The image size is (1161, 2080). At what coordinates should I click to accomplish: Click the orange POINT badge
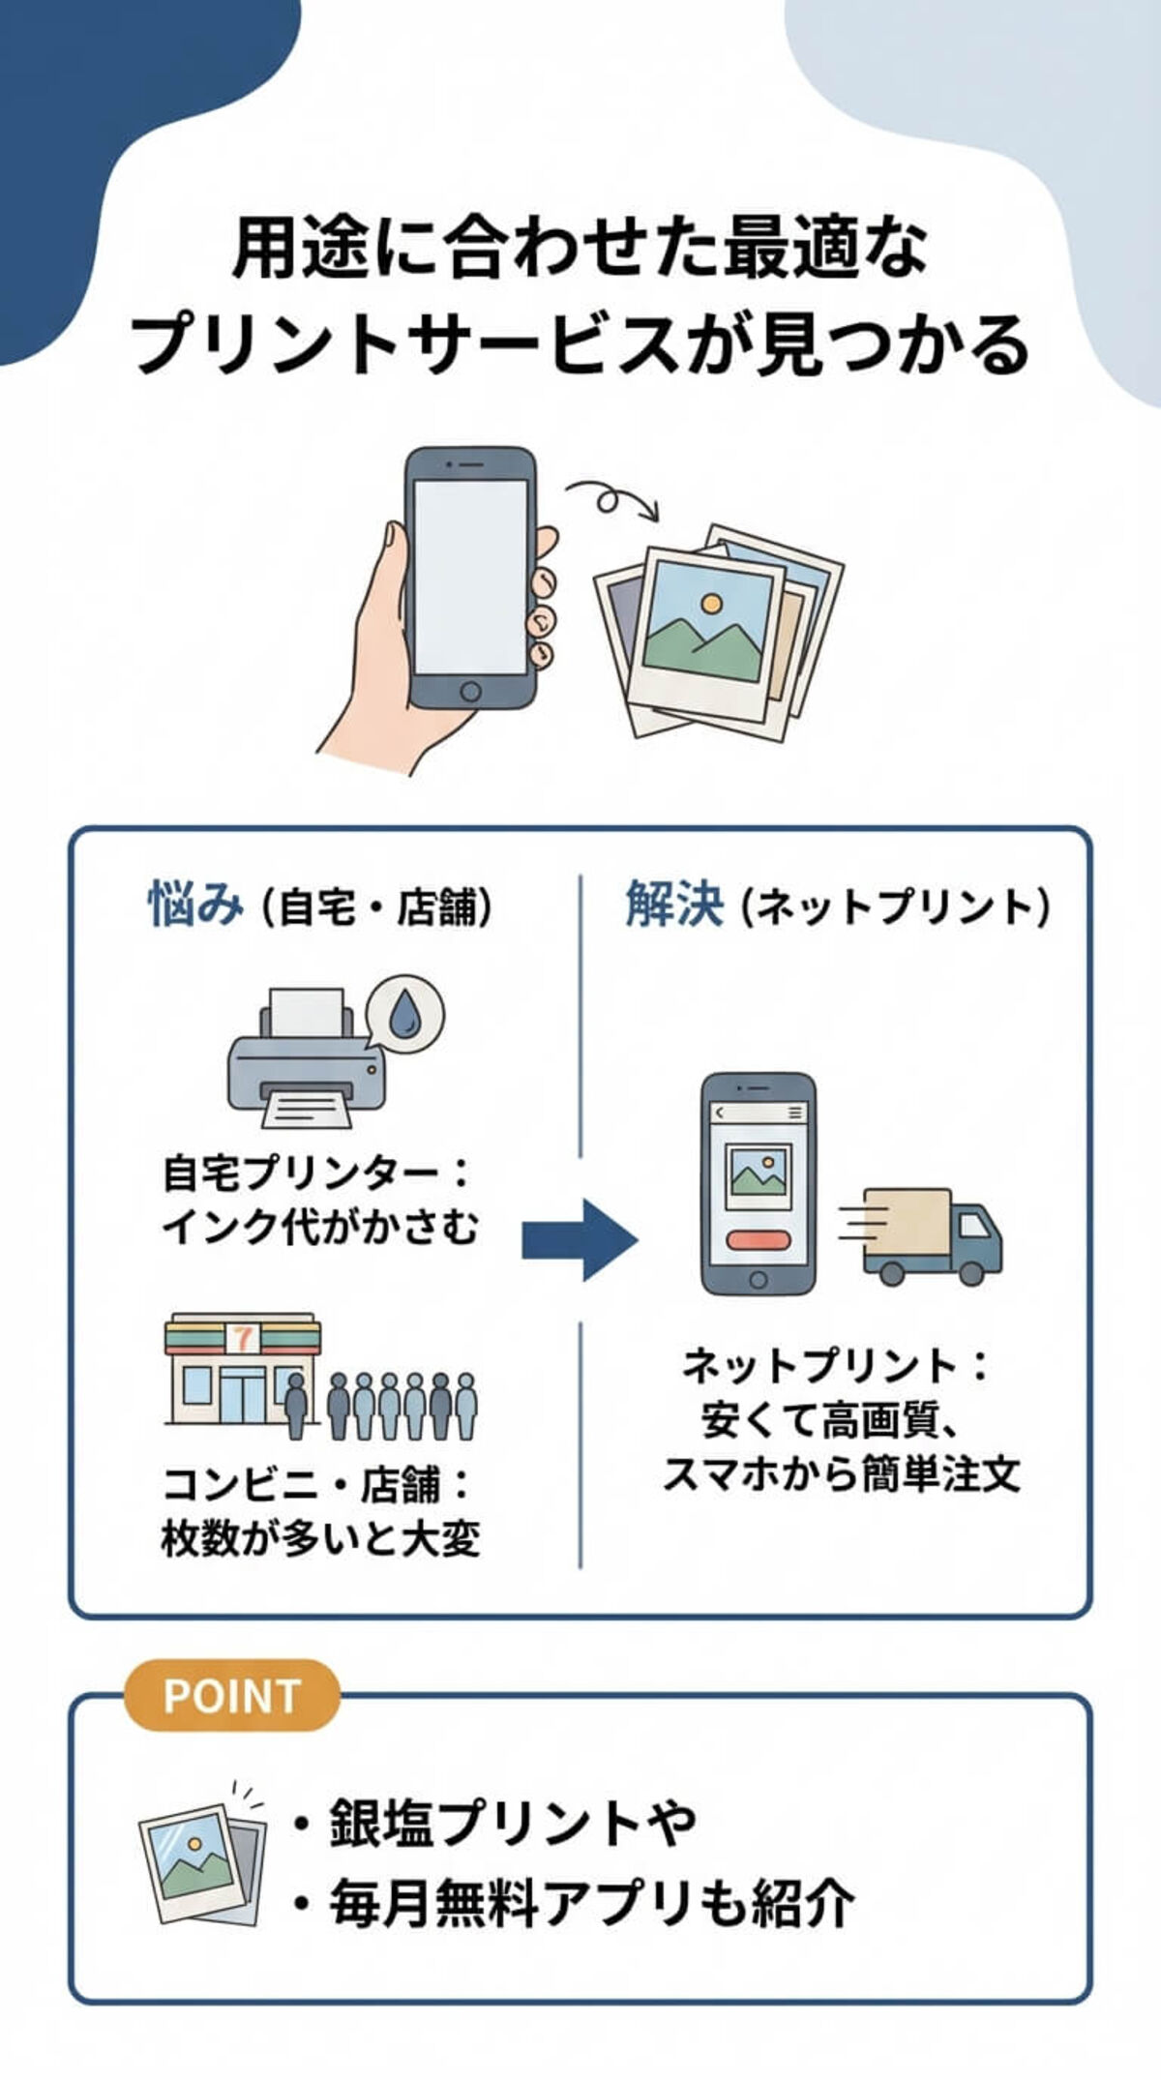tap(232, 1696)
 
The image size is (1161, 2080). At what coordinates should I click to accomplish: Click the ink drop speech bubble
tap(406, 1012)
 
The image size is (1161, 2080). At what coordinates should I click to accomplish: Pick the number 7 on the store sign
tap(243, 1338)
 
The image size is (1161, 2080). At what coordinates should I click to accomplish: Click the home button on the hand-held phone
tap(470, 691)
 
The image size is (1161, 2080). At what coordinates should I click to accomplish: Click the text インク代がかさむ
tap(319, 1227)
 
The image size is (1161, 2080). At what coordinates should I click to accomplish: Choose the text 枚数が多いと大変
tap(320, 1537)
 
